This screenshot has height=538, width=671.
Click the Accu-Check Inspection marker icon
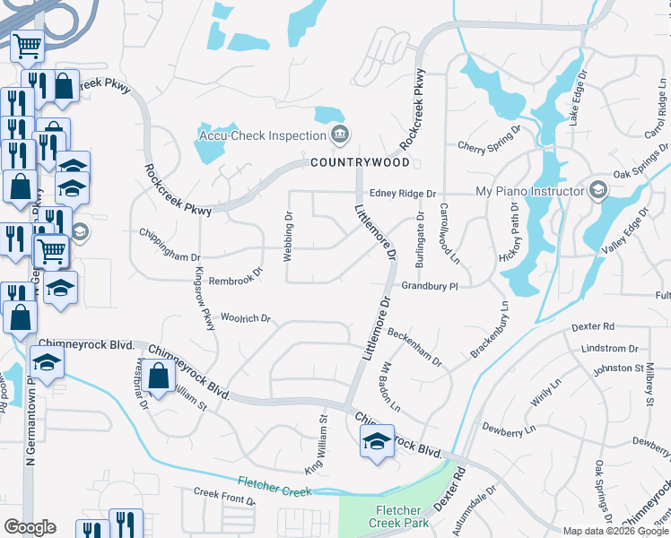339,136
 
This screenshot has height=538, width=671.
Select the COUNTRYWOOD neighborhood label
360,162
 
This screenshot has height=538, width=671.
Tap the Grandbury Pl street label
430,286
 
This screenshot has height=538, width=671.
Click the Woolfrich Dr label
245,318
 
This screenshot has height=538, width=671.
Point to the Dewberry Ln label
507,429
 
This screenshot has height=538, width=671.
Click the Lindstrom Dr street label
609,348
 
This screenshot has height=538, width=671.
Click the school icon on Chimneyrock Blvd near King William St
377,440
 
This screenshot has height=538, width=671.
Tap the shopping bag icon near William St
159,376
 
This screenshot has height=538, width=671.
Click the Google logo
30,527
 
